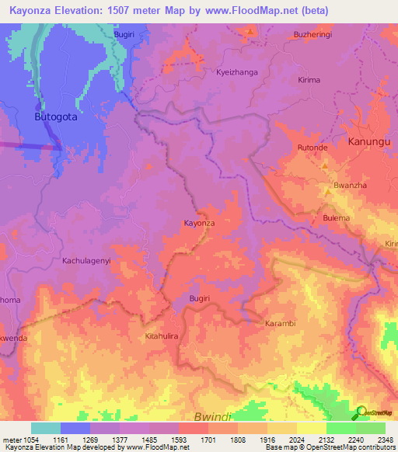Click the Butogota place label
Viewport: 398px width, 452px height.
tap(57, 116)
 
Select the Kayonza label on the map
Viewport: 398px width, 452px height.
tap(198, 223)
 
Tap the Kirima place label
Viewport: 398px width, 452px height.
tap(309, 80)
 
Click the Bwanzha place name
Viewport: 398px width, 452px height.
tap(349, 186)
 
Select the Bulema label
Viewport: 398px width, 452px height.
tap(337, 218)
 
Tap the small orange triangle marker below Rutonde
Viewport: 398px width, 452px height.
tap(325, 165)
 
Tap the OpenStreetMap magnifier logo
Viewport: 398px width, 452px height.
tap(361, 412)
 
